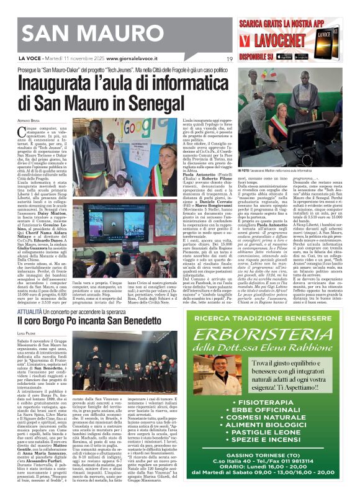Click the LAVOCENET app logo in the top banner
(x=276, y=42)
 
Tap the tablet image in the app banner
(x=336, y=43)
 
